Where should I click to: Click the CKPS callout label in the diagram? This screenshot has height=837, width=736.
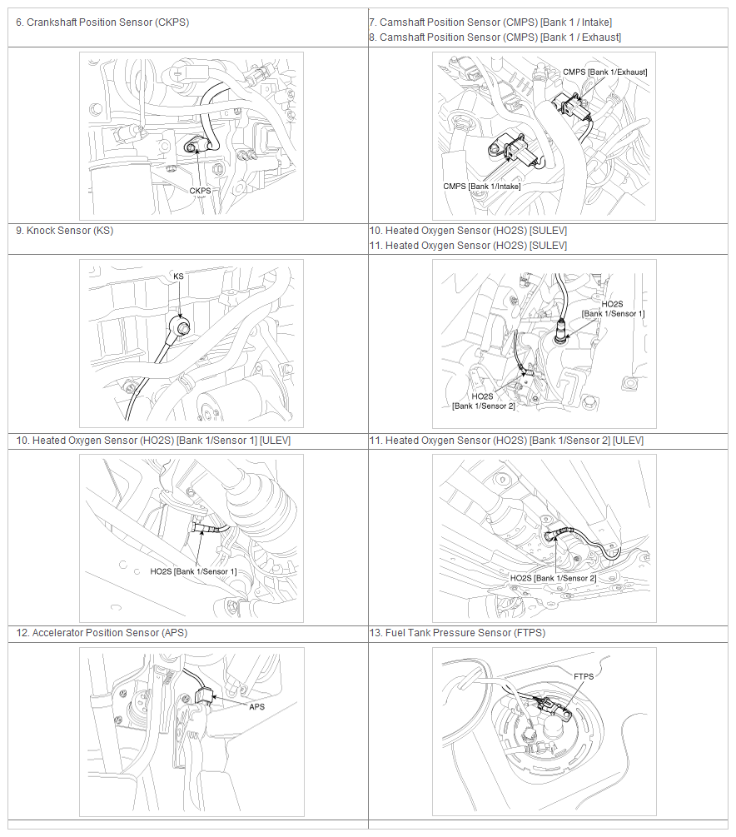(200, 191)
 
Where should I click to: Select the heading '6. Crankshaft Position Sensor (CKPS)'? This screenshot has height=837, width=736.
(102, 22)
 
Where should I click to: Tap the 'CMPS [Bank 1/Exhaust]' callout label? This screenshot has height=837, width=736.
(604, 72)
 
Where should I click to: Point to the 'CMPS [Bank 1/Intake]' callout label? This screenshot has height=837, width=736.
(481, 187)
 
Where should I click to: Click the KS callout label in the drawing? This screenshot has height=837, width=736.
(178, 277)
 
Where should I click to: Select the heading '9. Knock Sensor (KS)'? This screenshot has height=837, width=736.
(65, 231)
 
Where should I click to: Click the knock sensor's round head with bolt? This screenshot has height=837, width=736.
(180, 325)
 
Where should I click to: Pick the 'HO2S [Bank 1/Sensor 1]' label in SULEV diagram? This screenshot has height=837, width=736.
(613, 309)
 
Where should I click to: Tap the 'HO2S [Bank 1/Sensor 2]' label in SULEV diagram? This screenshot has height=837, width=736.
(483, 401)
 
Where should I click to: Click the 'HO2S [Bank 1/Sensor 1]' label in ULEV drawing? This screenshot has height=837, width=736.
(193, 571)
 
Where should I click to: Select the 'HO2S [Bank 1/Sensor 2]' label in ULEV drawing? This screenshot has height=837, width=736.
(553, 578)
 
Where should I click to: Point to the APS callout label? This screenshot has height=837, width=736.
(256, 707)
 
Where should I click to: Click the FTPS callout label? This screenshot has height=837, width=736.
(584, 676)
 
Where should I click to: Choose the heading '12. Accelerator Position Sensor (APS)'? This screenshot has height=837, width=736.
(102, 633)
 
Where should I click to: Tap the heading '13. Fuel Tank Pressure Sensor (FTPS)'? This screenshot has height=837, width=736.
(457, 633)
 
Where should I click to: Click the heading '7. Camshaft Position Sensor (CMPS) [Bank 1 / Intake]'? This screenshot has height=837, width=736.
(490, 22)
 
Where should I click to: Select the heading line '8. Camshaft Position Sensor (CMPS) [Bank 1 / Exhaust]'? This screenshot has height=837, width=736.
(495, 37)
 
